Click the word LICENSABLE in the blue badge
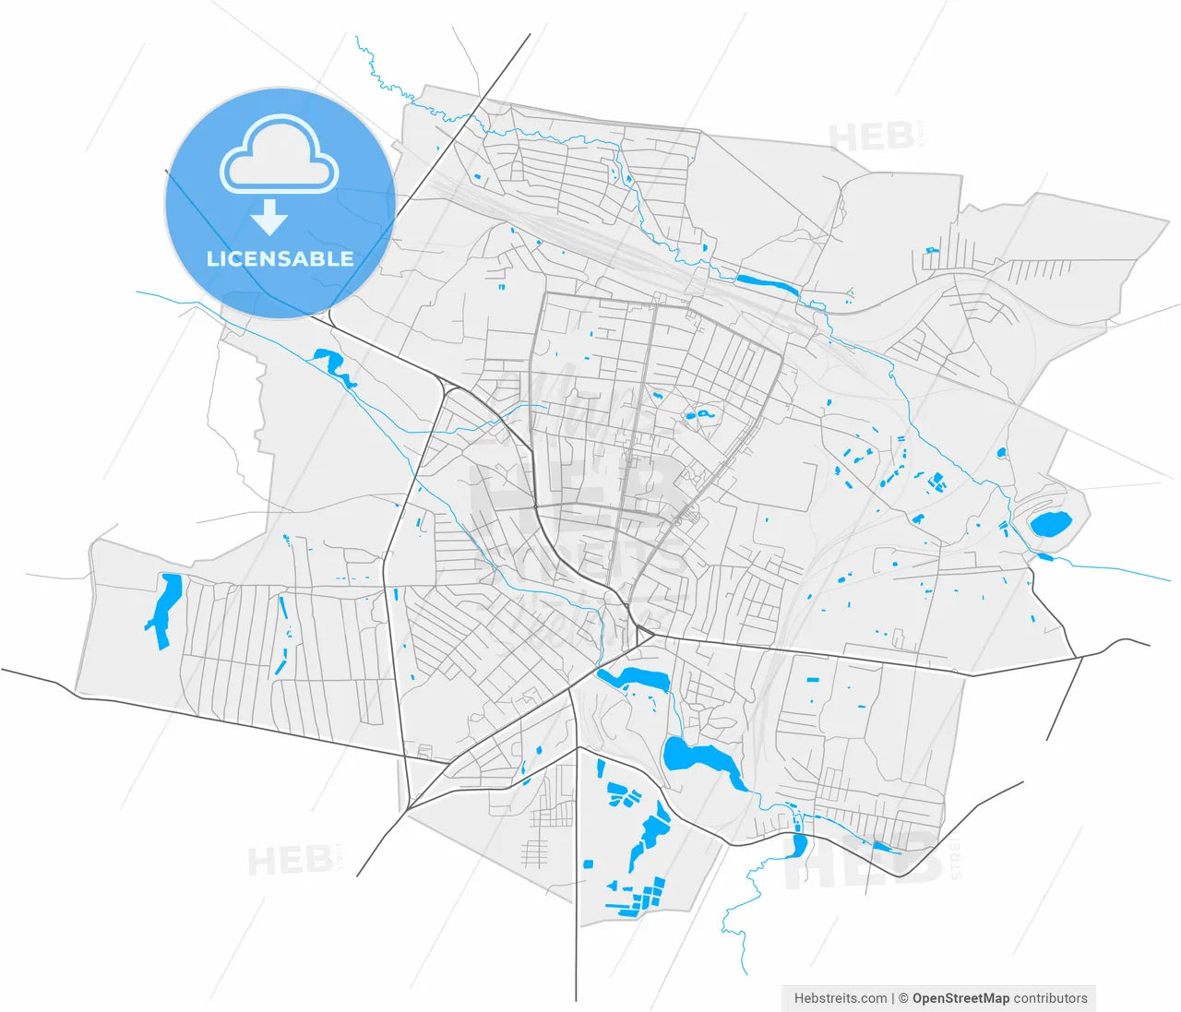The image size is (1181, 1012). (280, 259)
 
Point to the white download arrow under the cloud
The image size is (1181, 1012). (269, 218)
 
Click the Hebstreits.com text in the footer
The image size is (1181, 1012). (841, 998)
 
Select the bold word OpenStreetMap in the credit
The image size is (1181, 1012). (960, 998)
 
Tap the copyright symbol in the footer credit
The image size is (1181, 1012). (903, 998)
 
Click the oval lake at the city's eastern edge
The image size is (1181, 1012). (1049, 525)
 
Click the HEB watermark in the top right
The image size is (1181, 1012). (872, 137)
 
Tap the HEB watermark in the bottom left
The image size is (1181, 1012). (290, 861)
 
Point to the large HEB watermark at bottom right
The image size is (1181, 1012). (863, 863)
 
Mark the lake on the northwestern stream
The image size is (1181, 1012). (333, 365)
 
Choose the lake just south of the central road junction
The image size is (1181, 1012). (636, 680)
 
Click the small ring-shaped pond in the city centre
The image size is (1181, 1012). (701, 415)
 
